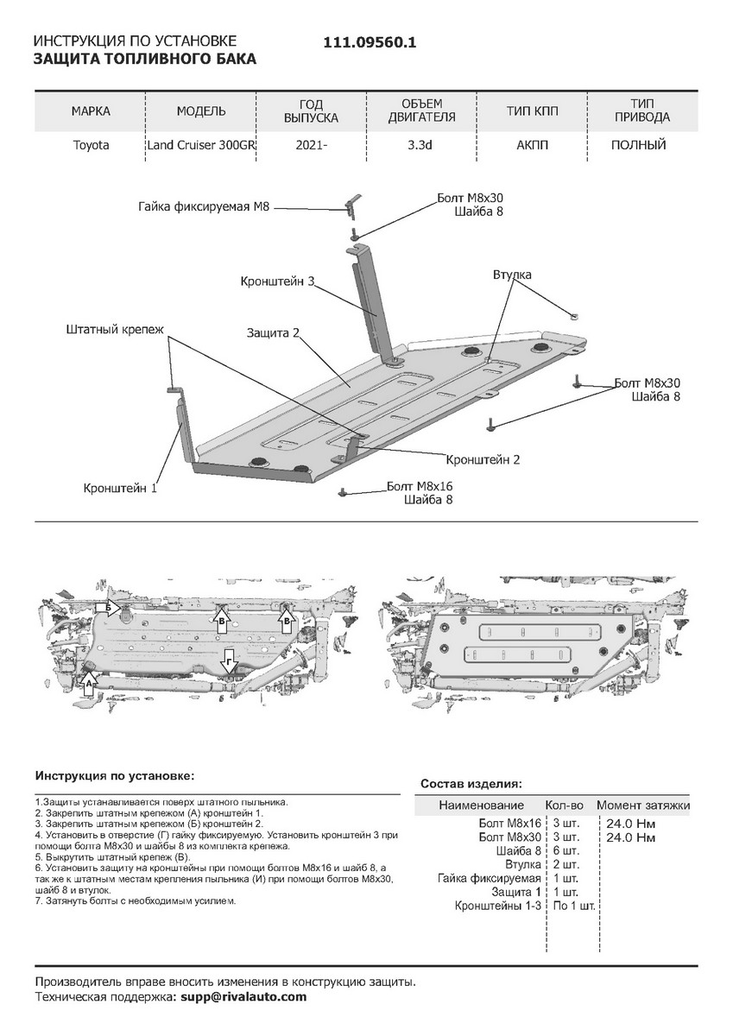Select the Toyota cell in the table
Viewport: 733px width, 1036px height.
(91, 145)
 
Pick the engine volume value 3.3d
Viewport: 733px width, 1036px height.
(420, 145)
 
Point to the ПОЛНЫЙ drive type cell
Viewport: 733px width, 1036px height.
(638, 145)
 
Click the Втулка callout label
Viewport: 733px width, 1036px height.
(512, 275)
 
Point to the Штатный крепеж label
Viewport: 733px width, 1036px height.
(114, 329)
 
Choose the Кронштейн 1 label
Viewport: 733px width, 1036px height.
(120, 488)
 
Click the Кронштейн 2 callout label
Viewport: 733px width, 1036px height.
(483, 459)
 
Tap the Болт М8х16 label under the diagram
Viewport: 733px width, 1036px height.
(420, 486)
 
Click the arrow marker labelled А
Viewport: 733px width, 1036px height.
(88, 682)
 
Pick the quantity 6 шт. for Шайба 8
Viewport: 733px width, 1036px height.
(566, 850)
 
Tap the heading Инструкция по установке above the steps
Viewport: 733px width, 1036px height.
(114, 776)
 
